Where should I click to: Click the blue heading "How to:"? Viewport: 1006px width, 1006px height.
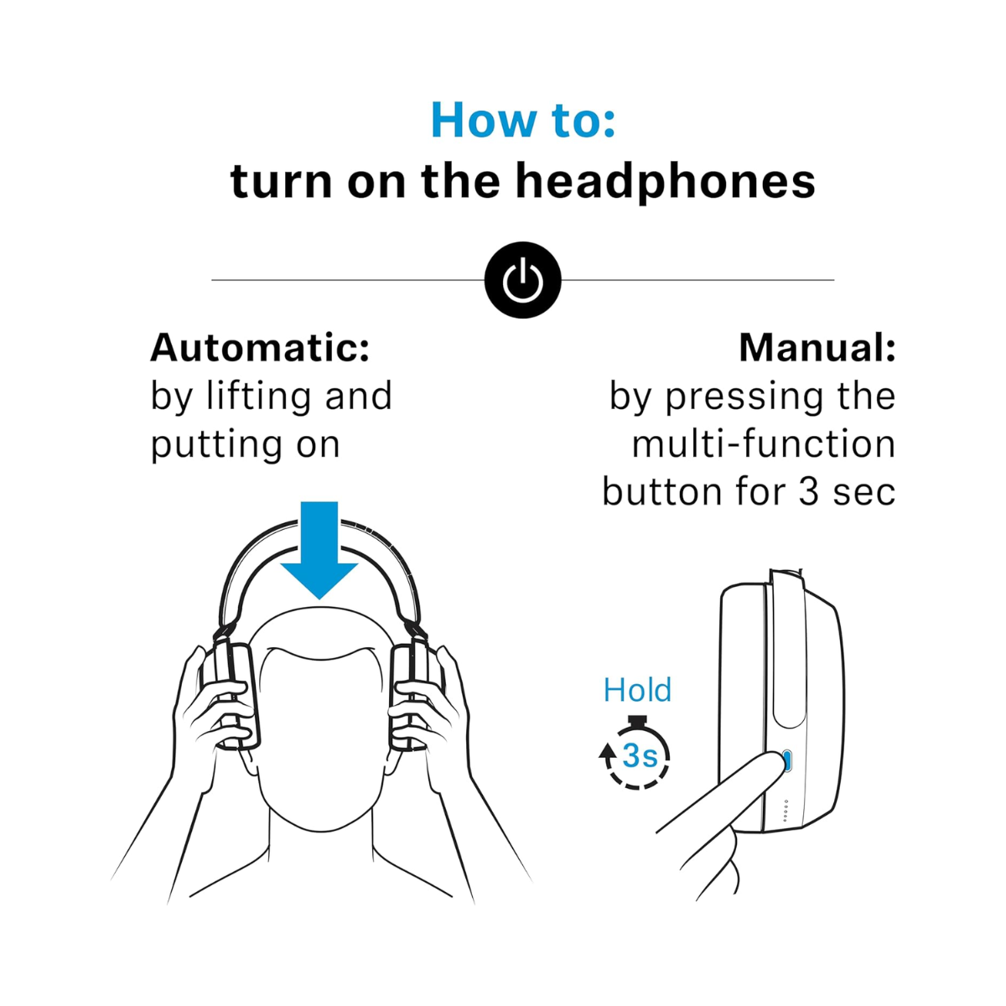click(x=522, y=121)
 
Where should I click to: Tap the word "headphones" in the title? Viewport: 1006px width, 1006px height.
click(x=665, y=182)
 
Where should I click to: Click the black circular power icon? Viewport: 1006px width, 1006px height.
click(x=522, y=280)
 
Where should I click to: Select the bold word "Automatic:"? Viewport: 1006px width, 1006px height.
click(x=260, y=348)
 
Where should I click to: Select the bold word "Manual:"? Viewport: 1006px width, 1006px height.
click(x=817, y=348)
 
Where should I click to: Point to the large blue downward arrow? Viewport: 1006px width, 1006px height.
click(x=319, y=550)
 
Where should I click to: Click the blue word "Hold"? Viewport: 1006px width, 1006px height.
click(x=637, y=690)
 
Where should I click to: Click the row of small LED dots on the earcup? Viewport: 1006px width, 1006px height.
click(x=786, y=811)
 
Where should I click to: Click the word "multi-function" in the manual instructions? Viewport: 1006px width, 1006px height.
click(x=764, y=443)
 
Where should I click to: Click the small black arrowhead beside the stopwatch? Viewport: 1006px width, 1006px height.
click(x=607, y=751)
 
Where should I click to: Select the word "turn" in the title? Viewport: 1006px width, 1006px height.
click(x=281, y=182)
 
